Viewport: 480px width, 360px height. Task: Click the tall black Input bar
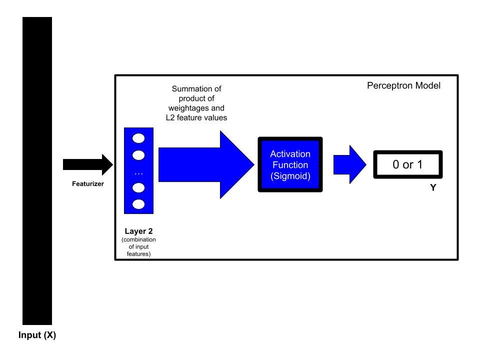pos(37,170)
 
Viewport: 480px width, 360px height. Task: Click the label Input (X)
pos(37,335)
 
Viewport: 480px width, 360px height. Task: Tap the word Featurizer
pos(87,183)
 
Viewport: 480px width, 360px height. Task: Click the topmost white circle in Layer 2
pos(138,138)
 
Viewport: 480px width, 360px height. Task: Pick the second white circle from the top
pos(138,155)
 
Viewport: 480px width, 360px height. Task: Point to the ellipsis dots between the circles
pos(138,172)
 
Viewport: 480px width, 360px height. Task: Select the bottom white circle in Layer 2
pos(138,204)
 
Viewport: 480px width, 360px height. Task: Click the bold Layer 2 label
pos(138,232)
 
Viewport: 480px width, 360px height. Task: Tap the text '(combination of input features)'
pos(138,247)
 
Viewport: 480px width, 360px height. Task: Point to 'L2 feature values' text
pos(196,117)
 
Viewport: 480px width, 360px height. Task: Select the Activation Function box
pos(290,164)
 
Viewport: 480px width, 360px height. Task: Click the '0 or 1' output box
pos(407,164)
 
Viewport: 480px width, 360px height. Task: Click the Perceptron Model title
pos(403,85)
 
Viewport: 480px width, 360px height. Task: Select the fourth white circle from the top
pos(138,187)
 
